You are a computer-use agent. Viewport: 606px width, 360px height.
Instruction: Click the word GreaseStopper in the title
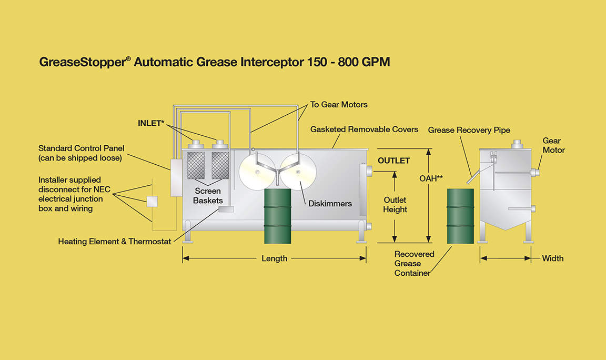(83, 62)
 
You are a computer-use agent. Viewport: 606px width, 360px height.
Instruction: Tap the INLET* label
(151, 123)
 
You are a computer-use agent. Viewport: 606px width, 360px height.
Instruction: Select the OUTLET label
(394, 161)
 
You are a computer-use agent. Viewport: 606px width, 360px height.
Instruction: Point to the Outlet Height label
(395, 205)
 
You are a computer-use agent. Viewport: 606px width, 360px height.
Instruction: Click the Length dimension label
(275, 258)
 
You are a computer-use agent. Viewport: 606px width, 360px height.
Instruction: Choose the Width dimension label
(553, 258)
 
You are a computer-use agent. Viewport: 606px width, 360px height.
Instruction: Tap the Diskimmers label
(330, 204)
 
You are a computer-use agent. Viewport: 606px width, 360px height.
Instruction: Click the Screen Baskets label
(208, 196)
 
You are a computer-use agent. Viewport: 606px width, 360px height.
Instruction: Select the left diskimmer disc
(257, 172)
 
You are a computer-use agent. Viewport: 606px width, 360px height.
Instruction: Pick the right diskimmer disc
(298, 172)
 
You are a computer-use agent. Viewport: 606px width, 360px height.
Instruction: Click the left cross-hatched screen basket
(196, 165)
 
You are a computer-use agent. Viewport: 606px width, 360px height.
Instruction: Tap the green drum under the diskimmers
(278, 216)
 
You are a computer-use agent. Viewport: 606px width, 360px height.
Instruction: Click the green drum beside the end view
(460, 216)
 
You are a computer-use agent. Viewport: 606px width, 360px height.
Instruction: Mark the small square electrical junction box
(152, 202)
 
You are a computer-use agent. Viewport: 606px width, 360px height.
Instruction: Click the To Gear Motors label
(339, 104)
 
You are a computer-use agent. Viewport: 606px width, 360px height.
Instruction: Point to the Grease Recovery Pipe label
(469, 130)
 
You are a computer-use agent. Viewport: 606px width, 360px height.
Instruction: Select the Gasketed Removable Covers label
(364, 129)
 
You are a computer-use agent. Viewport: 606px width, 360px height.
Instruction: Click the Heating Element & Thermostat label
(114, 241)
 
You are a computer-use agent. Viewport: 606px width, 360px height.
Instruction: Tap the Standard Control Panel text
(81, 148)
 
